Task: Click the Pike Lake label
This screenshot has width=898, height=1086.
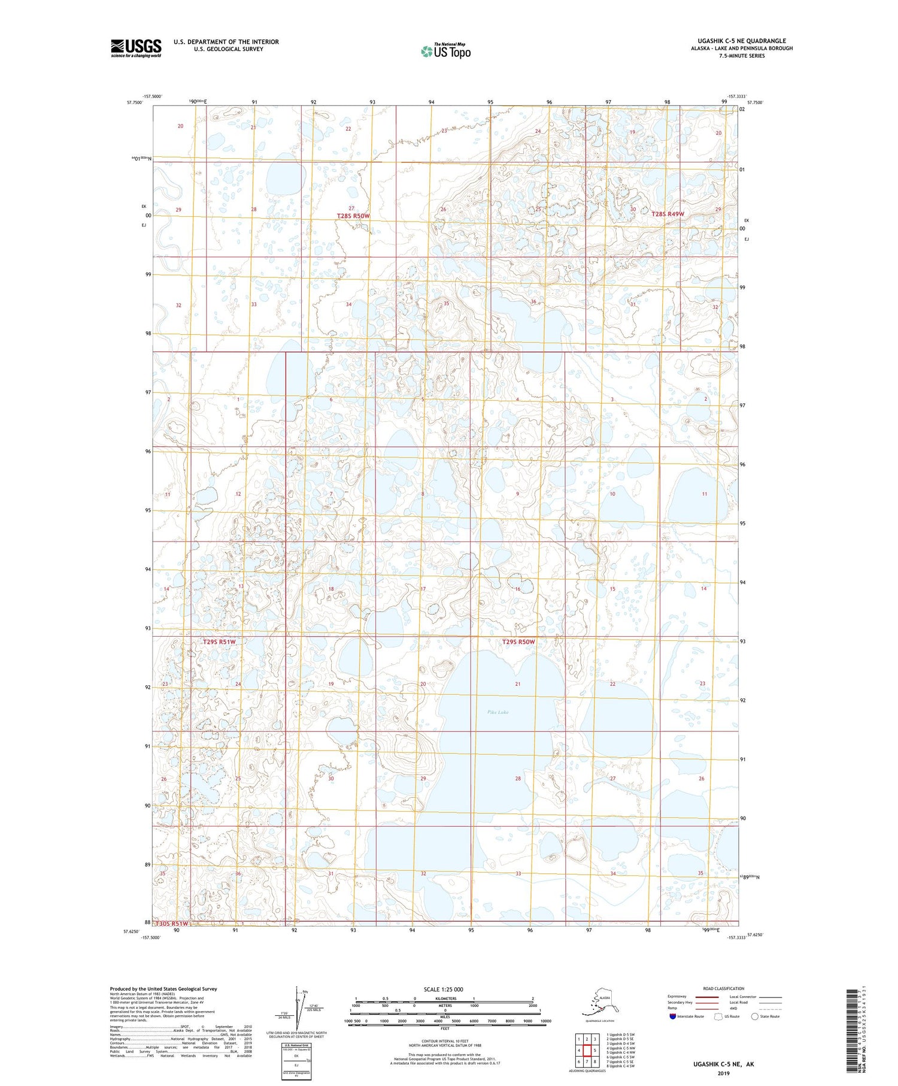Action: [497, 712]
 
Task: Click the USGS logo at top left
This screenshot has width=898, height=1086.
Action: [136, 48]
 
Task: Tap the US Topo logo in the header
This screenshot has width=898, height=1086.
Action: [445, 51]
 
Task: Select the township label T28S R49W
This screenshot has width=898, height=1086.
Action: [668, 214]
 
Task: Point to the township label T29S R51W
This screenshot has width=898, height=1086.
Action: [219, 642]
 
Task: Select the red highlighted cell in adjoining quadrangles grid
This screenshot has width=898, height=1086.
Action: [587, 1051]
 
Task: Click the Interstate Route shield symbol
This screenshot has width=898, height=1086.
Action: [673, 1017]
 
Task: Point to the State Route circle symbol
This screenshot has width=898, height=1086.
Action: [754, 1017]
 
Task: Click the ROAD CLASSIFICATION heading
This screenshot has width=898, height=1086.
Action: [723, 988]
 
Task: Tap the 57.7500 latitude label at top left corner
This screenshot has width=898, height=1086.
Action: [135, 102]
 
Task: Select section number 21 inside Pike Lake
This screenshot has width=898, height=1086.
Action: [518, 683]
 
